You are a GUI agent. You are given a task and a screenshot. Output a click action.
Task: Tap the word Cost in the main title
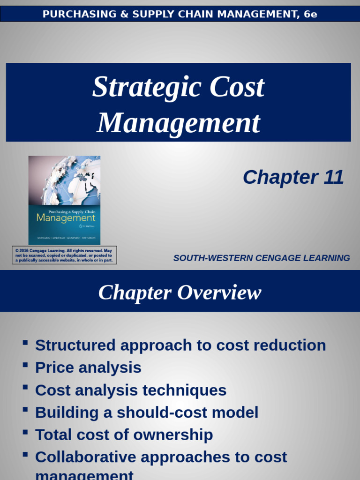pos(237,88)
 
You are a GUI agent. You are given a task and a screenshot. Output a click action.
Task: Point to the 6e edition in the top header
pos(310,14)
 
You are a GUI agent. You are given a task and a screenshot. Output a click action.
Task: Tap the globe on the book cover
pos(75,180)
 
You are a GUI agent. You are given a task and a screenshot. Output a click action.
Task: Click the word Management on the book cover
pos(66,218)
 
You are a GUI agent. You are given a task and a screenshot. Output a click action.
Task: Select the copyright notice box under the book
pos(64,255)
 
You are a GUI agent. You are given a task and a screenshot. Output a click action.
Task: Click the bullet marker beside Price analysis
pos(25,364)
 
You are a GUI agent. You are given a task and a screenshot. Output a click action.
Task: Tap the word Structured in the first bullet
pos(75,345)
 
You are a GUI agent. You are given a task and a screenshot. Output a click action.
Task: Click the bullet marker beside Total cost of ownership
pos(25,432)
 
